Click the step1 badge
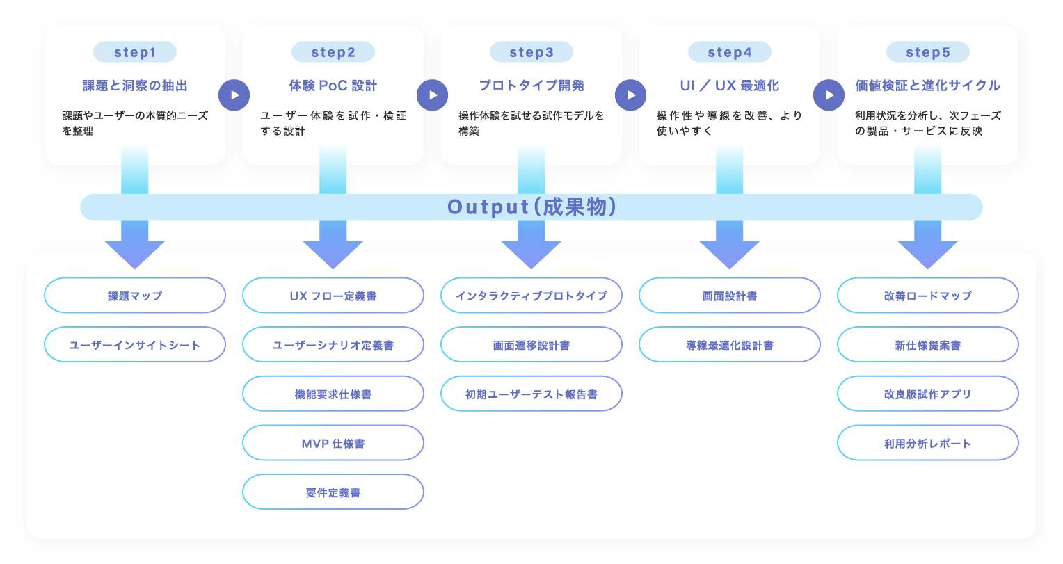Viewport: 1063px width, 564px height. click(135, 52)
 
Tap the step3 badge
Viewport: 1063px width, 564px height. click(531, 52)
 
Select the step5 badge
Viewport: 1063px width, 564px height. click(928, 52)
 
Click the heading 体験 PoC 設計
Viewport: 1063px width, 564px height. click(333, 86)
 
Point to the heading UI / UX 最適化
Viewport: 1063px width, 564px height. click(730, 86)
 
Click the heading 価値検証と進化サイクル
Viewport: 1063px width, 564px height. click(928, 86)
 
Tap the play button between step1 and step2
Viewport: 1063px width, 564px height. click(234, 95)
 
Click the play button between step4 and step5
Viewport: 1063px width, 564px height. click(829, 95)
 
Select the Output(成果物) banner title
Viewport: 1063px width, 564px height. click(531, 207)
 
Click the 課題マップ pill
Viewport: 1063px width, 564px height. click(135, 296)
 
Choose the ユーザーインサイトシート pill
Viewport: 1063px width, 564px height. click(135, 345)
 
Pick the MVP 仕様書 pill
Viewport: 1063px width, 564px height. click(333, 443)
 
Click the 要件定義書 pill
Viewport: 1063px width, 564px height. click(333, 492)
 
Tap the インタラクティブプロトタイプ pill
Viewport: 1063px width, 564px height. click(531, 296)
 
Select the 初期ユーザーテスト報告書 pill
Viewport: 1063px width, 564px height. click(531, 394)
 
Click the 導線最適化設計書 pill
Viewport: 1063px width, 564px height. click(730, 345)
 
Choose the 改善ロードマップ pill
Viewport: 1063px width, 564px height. click(928, 296)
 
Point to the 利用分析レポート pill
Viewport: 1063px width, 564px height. click(928, 443)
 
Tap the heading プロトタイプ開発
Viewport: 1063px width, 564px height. click(531, 86)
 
